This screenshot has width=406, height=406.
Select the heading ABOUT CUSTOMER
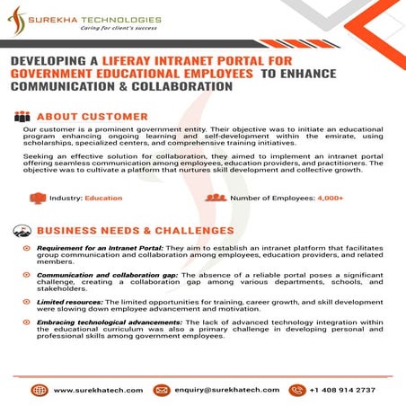click(93, 116)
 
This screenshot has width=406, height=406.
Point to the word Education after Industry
click(104, 198)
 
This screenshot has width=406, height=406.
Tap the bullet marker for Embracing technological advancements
click(28, 331)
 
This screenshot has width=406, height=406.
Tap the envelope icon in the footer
click(162, 390)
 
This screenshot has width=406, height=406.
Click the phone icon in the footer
click(293, 390)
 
